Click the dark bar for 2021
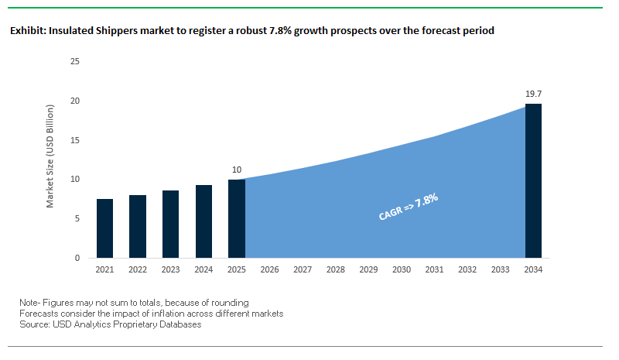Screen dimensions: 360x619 [105, 228]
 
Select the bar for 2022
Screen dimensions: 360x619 [138, 226]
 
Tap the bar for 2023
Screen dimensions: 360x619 [171, 224]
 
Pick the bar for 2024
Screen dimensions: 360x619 [203, 221]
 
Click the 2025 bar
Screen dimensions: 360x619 [237, 218]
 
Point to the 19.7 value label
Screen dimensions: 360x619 [533, 94]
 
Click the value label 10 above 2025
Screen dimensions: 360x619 [237, 169]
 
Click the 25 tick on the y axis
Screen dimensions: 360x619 [75, 61]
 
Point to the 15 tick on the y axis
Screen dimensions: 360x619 [75, 140]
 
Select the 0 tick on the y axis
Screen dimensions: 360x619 [77, 258]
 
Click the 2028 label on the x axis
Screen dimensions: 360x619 [335, 270]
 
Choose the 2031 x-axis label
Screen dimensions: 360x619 [434, 270]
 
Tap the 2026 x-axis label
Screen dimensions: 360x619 [269, 270]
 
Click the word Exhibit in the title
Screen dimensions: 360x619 [26, 32]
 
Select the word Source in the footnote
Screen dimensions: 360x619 [34, 324]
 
